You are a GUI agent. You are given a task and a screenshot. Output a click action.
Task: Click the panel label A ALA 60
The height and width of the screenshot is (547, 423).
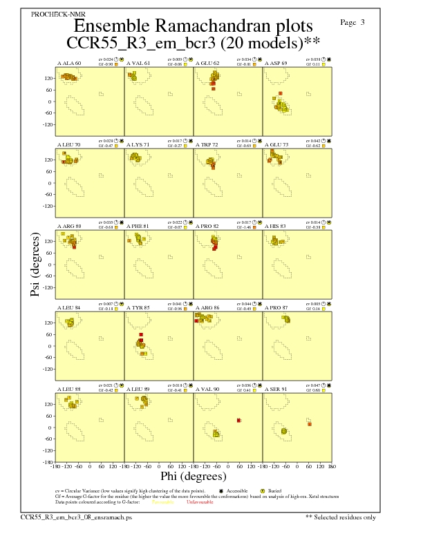pyautogui.click(x=68, y=63)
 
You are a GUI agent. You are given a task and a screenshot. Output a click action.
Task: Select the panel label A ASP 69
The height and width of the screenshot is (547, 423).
pyautogui.click(x=278, y=63)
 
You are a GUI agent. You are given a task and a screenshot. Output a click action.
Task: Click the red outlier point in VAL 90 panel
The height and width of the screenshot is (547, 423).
pyautogui.click(x=238, y=420)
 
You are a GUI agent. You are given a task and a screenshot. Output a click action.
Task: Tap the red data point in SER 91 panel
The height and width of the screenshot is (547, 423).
pyautogui.click(x=310, y=423)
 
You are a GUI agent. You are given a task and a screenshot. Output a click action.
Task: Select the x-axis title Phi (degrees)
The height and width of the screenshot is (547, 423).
pyautogui.click(x=194, y=476)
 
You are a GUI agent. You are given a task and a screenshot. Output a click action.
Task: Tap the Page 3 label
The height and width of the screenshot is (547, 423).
pyautogui.click(x=352, y=22)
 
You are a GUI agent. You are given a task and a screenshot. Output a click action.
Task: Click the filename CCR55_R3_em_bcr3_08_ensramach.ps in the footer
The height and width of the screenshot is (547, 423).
pyautogui.click(x=76, y=517)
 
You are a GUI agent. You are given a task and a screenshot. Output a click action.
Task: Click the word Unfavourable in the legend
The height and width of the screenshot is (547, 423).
pyautogui.click(x=200, y=501)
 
